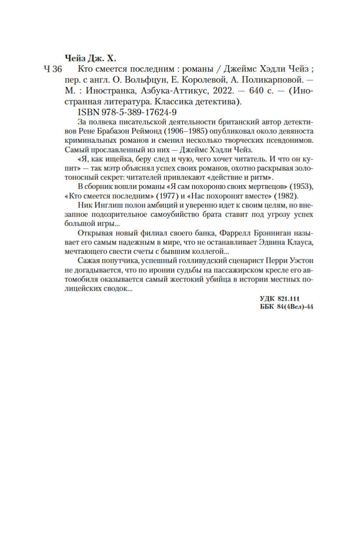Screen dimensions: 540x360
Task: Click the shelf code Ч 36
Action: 54,70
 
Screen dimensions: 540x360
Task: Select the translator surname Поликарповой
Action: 269,80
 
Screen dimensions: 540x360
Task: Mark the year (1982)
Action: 286,195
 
